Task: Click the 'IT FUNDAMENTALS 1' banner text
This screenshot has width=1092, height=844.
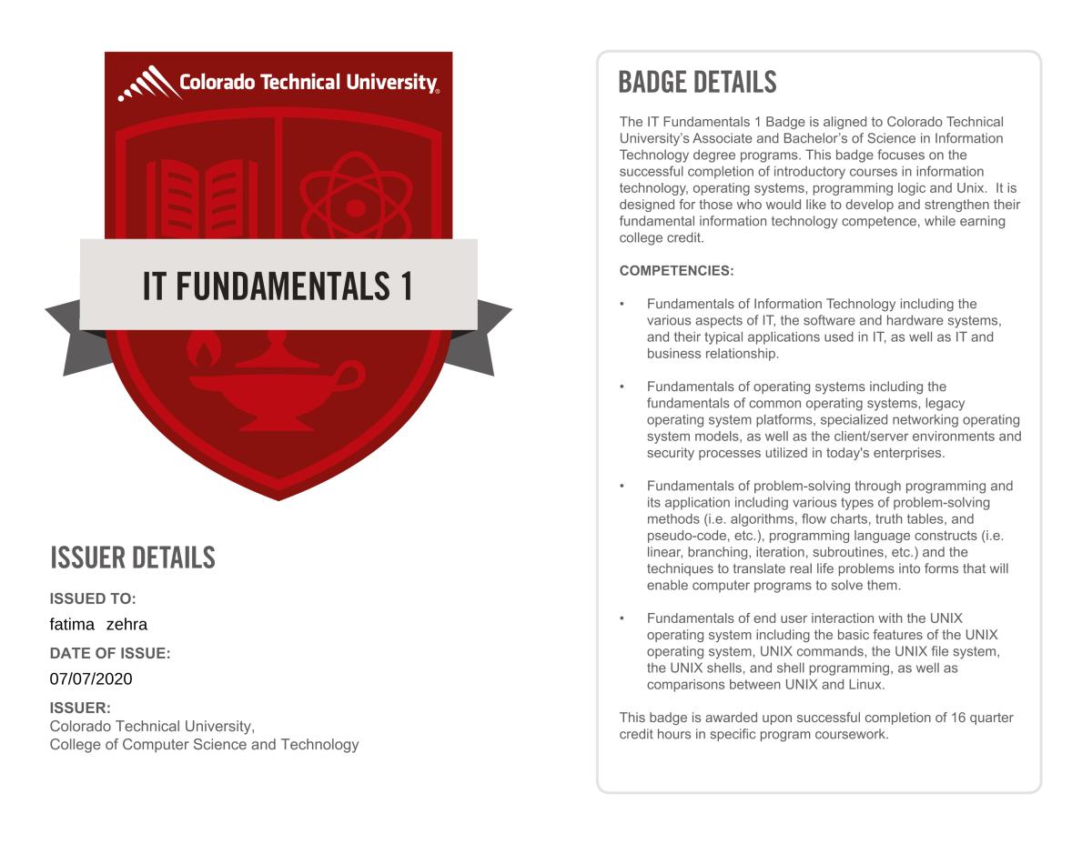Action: coord(278,286)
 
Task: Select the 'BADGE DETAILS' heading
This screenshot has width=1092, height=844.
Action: coord(697,83)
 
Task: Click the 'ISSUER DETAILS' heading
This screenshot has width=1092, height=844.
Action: coord(133,558)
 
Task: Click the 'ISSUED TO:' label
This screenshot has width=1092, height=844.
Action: coord(92,598)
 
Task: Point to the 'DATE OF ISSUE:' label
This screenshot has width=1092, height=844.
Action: coord(110,653)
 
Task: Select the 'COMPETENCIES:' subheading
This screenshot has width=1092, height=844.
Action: coord(676,271)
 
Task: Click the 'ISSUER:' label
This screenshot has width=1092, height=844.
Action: coord(80,708)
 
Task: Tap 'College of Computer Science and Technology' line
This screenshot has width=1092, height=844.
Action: coord(204,745)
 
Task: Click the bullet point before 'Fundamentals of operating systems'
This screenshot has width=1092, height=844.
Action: coord(622,387)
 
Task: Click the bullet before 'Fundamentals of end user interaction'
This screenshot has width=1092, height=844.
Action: coord(622,618)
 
